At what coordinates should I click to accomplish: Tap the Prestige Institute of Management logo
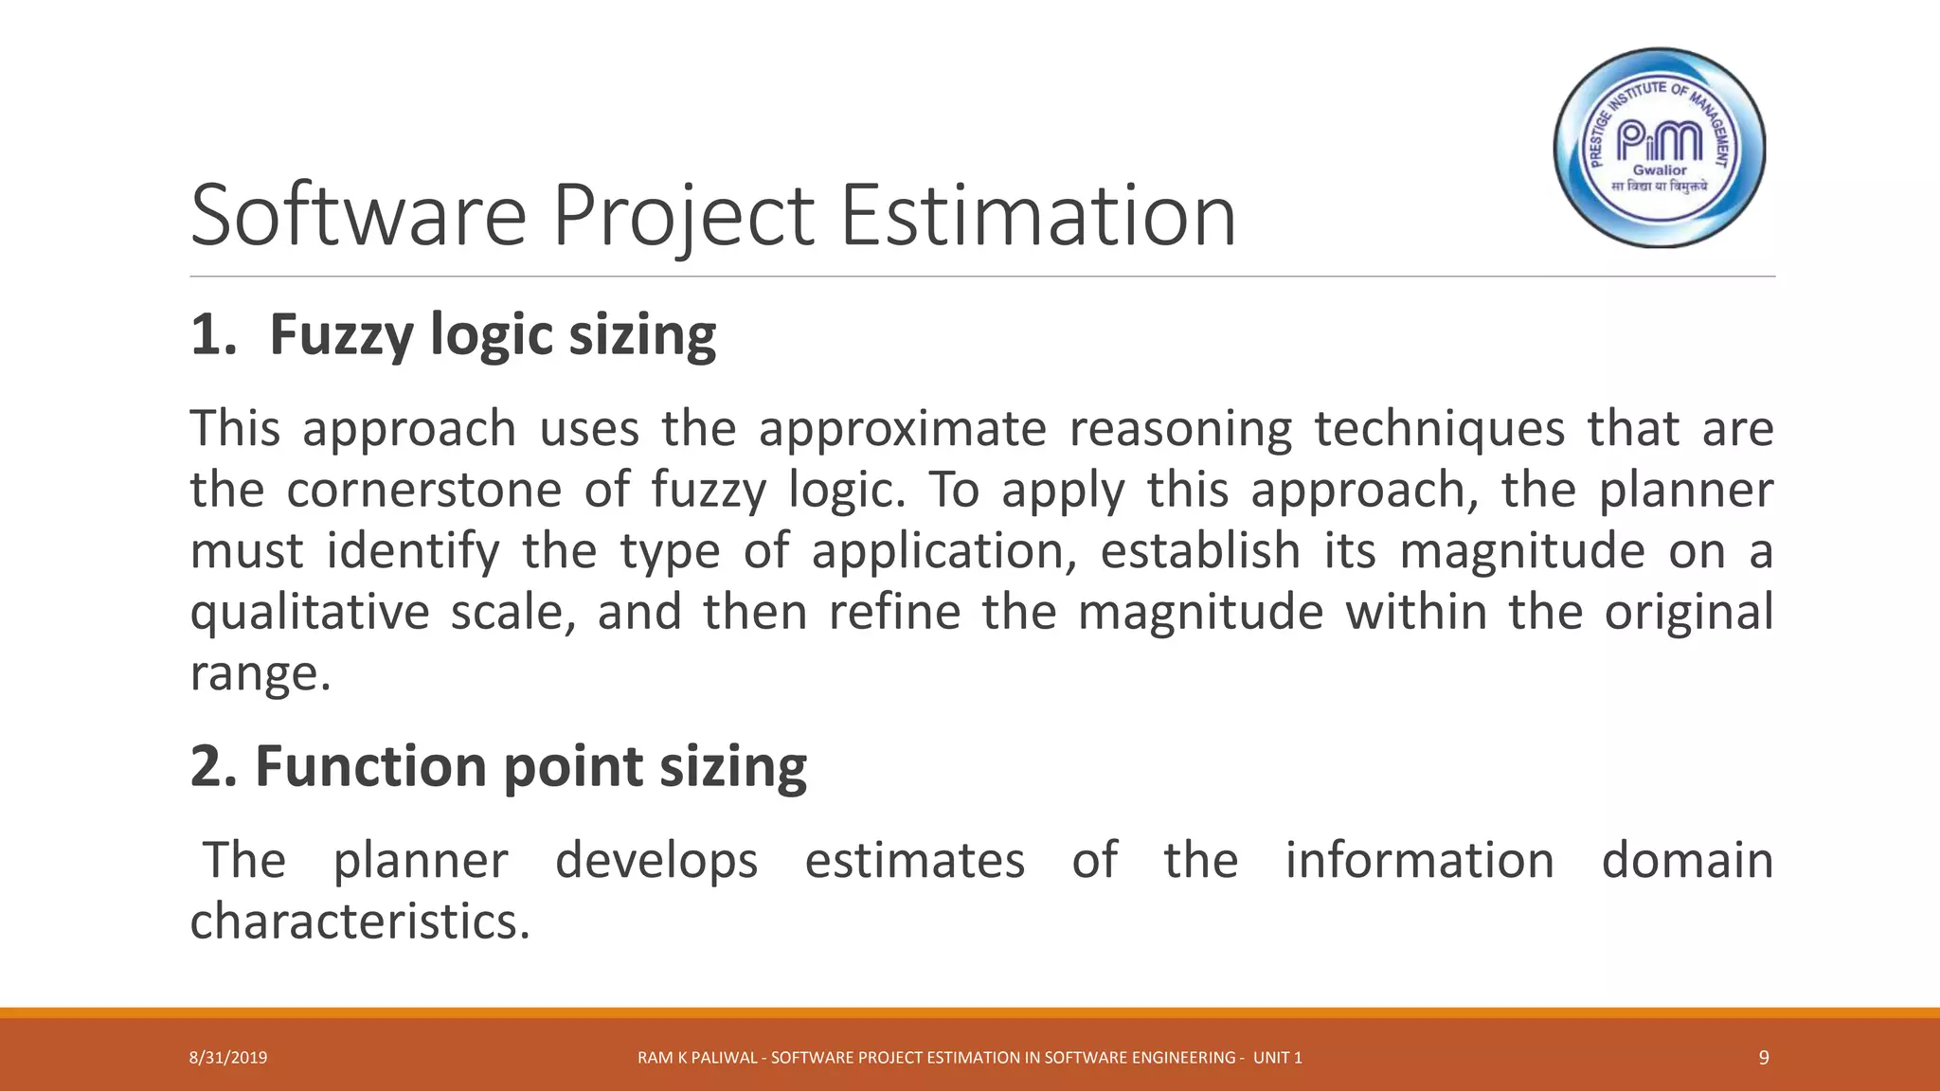pos(1660,148)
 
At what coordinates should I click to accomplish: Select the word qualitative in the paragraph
pos(309,613)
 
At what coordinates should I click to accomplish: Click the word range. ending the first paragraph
pos(260,674)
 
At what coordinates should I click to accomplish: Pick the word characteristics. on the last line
pos(360,921)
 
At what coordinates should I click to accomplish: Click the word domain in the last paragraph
pos(1687,861)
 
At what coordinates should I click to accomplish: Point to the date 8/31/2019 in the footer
pos(228,1058)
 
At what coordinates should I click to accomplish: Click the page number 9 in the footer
pos(1764,1058)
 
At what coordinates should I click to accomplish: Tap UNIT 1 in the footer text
pos(1277,1058)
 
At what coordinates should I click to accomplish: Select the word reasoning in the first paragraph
pos(1180,429)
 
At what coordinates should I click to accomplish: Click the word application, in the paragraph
pos(943,552)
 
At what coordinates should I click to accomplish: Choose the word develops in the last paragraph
pos(656,861)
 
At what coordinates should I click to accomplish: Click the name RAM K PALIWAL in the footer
pos(696,1058)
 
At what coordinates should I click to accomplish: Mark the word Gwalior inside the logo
pos(1660,170)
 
